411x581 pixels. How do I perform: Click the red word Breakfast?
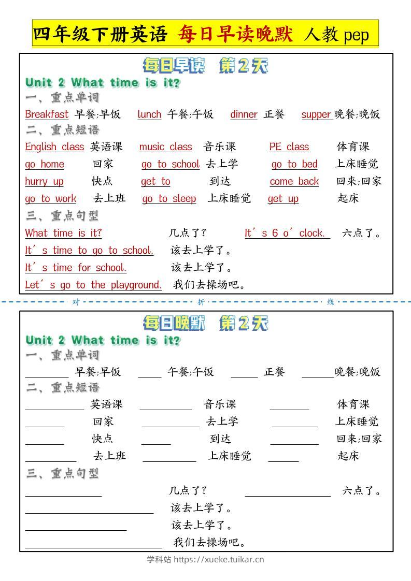click(x=47, y=114)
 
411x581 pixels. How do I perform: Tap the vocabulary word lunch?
click(x=149, y=114)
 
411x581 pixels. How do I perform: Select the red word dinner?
click(x=244, y=114)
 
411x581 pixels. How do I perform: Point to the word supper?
click(x=316, y=114)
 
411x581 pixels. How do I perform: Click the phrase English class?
click(x=54, y=147)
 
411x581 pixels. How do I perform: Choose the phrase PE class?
click(x=289, y=147)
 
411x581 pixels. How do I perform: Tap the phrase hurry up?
click(x=44, y=182)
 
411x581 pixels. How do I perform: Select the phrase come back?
click(x=294, y=182)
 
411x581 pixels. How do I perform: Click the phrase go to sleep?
click(x=169, y=199)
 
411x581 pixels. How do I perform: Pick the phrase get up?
click(x=283, y=199)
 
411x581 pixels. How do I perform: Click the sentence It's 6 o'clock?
click(x=287, y=234)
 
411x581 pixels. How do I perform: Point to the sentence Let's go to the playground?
click(x=93, y=285)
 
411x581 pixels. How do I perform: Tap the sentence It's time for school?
click(x=76, y=268)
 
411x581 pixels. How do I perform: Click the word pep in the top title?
click(x=356, y=35)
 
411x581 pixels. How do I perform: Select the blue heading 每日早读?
click(x=174, y=66)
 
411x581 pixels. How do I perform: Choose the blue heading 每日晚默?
click(x=174, y=324)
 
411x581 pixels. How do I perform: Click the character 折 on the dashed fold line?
click(x=201, y=302)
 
